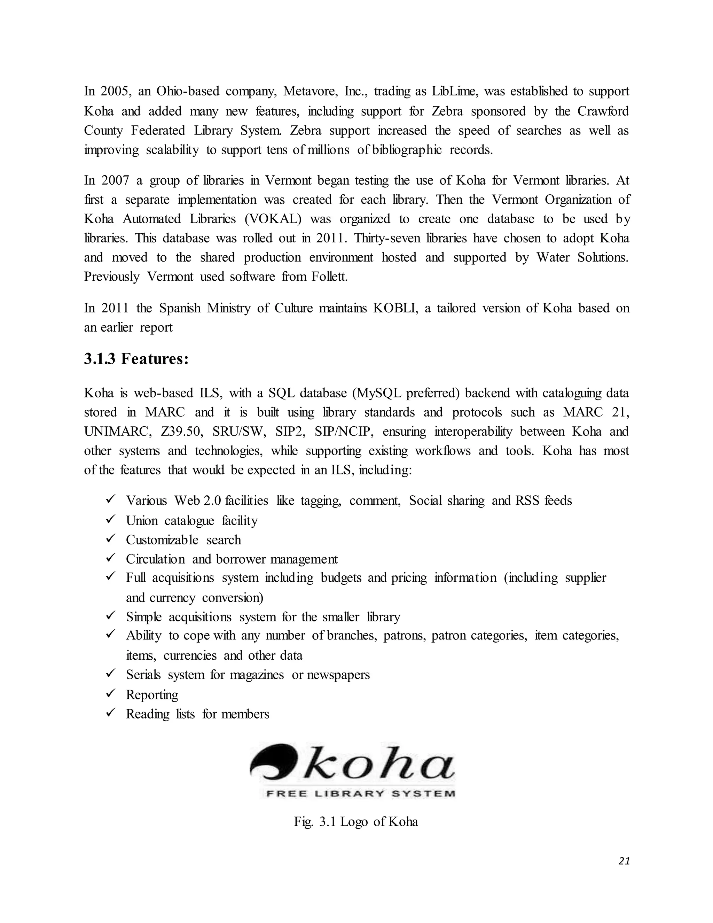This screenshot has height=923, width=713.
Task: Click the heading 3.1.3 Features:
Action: tap(136, 359)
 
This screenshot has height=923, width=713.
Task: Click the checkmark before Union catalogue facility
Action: tap(111, 519)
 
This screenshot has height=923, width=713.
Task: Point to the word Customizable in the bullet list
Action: tap(162, 540)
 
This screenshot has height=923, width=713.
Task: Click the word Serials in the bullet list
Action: tap(143, 675)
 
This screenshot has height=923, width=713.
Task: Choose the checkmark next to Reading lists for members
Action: tap(111, 713)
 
